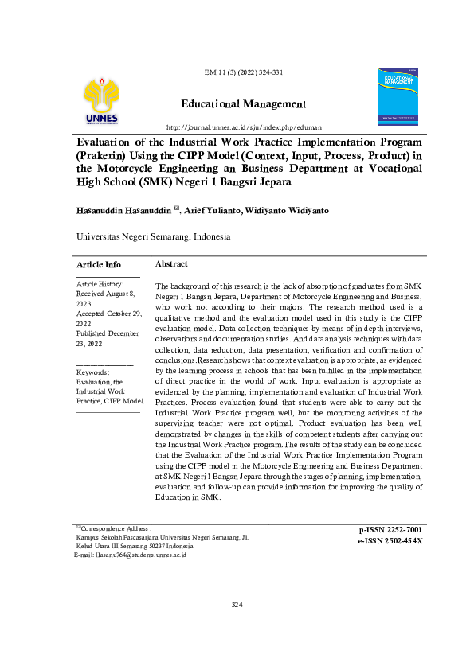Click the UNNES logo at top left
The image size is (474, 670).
coord(101,102)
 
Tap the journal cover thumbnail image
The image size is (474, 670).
coord(397,96)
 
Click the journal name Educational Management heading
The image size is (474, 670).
coord(244,104)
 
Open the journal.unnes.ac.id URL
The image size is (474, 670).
coord(244,127)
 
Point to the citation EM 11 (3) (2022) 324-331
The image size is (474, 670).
coord(244,72)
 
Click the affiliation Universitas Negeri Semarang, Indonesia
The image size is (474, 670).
coord(153,236)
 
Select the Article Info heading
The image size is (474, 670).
coord(99,264)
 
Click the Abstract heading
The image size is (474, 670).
coord(171,263)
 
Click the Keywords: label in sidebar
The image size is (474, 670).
coord(92,372)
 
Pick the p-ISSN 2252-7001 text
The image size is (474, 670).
coord(390,529)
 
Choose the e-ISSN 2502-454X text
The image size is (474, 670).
coord(390,541)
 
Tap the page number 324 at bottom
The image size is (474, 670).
coord(237,605)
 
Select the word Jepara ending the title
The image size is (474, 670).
coord(272,182)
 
